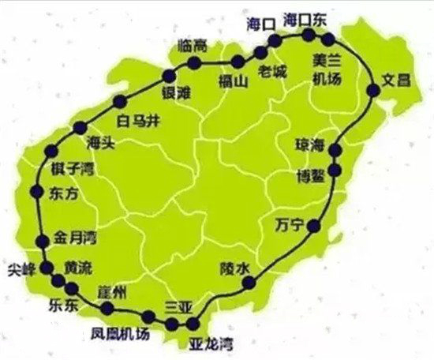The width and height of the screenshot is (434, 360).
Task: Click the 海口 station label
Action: click(x=260, y=24)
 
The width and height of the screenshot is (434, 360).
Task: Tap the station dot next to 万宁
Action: click(x=314, y=227)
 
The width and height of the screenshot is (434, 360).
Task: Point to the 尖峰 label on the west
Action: click(x=19, y=267)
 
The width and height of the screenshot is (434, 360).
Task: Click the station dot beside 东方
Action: click(x=35, y=190)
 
